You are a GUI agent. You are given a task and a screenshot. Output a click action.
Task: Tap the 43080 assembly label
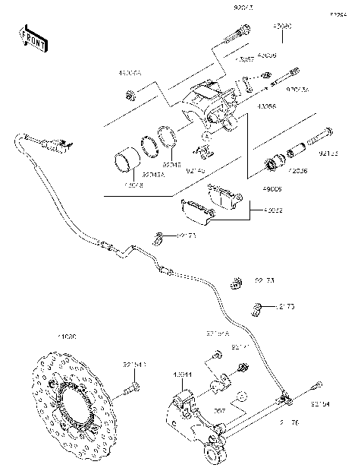pyautogui.click(x=282, y=26)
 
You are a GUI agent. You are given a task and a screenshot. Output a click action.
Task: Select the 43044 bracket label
pyautogui.click(x=182, y=375)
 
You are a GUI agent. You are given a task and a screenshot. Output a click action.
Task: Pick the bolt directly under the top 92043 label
pyautogui.click(x=239, y=33)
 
